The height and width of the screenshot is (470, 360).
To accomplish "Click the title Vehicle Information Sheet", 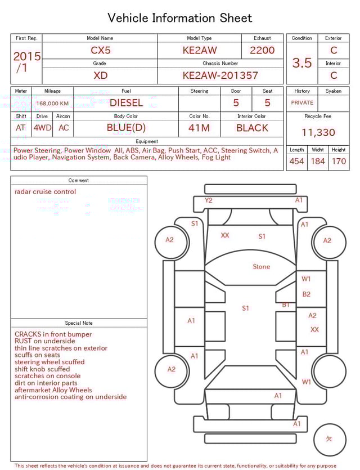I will point(180,18).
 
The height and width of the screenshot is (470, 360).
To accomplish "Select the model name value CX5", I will point(101,50).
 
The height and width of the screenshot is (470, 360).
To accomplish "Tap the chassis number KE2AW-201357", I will point(220,75).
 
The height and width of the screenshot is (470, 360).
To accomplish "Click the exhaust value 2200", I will point(262,50).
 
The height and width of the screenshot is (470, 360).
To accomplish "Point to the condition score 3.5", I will point(301,63).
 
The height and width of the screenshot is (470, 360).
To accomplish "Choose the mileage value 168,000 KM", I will point(52,104).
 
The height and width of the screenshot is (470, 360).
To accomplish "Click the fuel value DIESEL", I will point(126,103).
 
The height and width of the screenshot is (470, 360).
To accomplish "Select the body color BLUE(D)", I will point(126,128).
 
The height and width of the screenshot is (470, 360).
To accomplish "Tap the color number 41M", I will point(199,128).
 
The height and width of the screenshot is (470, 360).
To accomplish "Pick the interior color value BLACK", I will point(252,128).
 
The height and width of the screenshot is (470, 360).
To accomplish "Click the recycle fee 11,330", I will point(318,133).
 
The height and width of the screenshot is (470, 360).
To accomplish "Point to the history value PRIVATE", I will point(302,103).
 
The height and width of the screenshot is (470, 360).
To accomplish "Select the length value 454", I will point(296,162).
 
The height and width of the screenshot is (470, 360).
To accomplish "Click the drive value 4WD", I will point(42,128).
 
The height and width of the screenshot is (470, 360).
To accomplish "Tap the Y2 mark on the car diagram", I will point(209,200).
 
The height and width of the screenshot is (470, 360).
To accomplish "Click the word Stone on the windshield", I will point(261,267).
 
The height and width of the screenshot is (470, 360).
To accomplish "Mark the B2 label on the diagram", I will point(307,294).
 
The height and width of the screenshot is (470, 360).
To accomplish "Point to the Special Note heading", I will point(79,323).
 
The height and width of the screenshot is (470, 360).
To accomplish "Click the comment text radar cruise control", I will point(45,191).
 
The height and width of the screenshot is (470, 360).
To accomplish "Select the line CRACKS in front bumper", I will point(53,334).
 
